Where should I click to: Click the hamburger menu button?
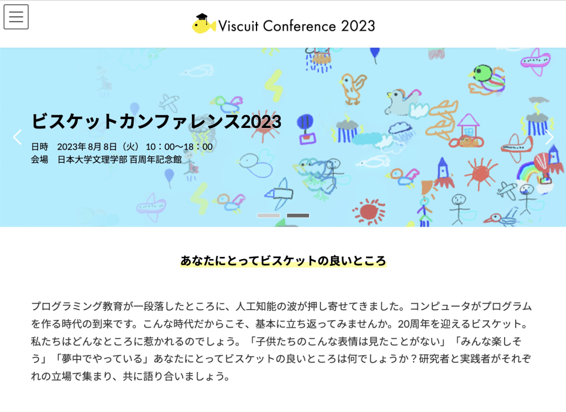(16, 17)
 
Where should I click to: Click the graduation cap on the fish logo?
(202, 17)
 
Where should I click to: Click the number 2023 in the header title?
(358, 26)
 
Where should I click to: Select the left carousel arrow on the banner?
(17, 137)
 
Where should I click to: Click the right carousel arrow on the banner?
(549, 137)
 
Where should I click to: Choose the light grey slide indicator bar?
(269, 215)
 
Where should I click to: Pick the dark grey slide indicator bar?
(298, 215)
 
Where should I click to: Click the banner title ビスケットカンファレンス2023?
(156, 121)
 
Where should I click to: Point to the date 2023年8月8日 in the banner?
(87, 147)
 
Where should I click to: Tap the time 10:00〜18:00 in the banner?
(179, 147)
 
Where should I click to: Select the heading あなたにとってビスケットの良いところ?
(283, 261)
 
